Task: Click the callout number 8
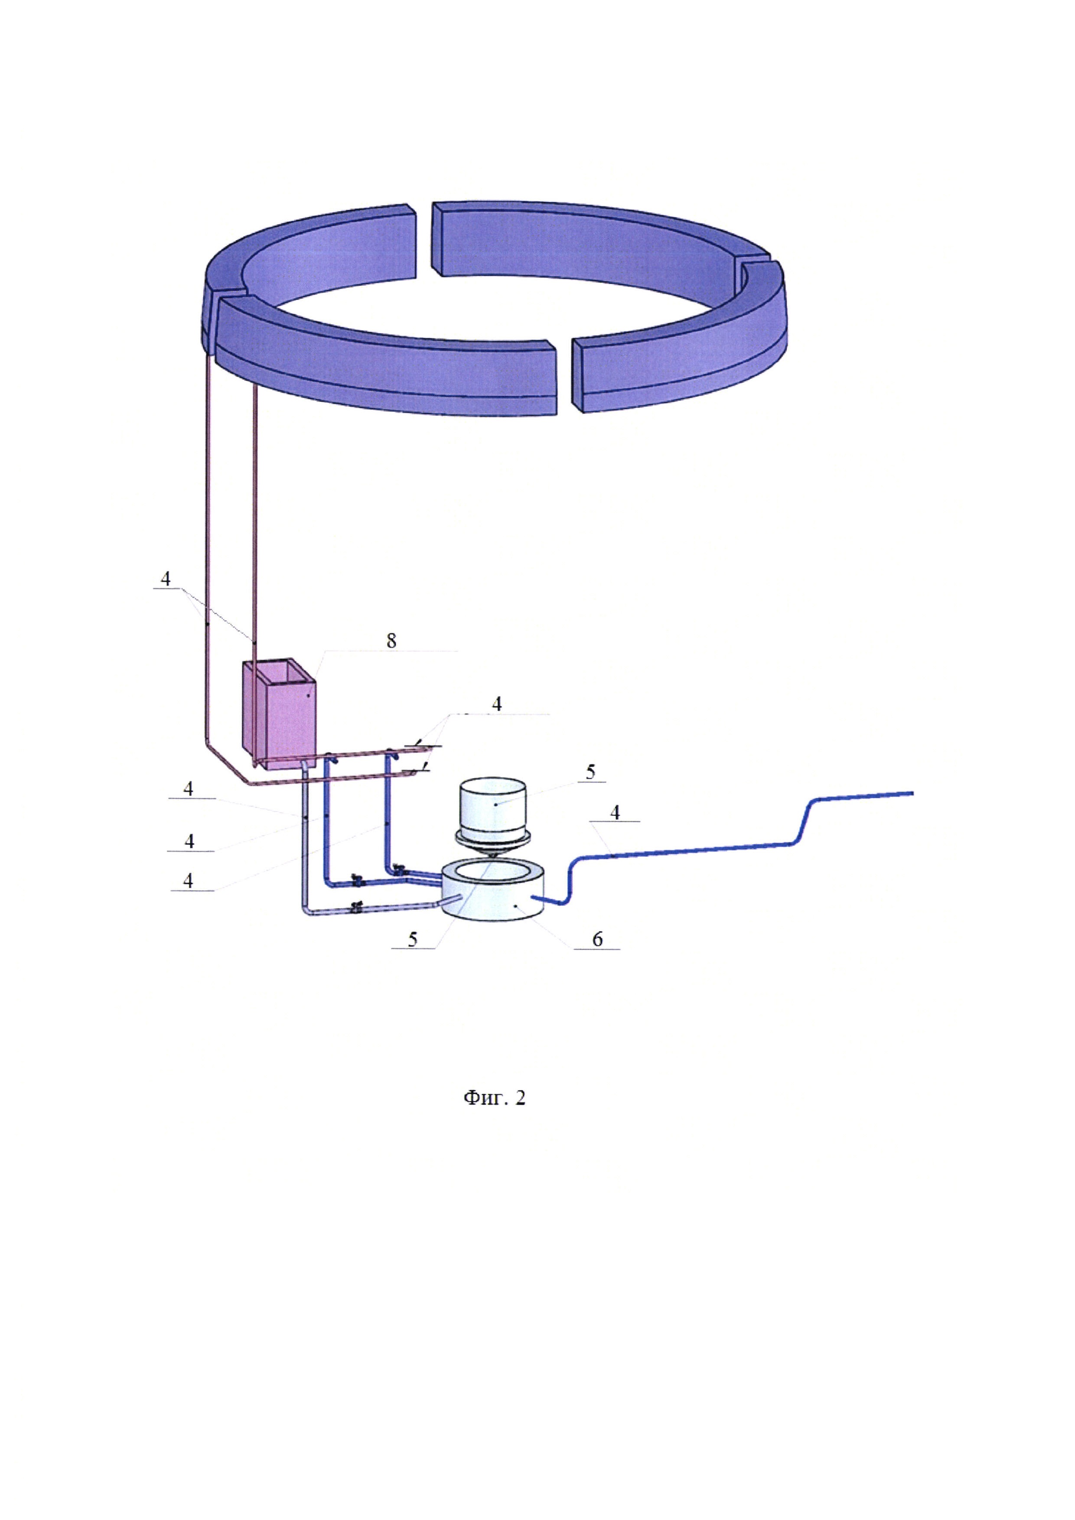391,640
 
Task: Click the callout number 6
598,939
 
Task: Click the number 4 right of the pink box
496,704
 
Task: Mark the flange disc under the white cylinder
492,838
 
